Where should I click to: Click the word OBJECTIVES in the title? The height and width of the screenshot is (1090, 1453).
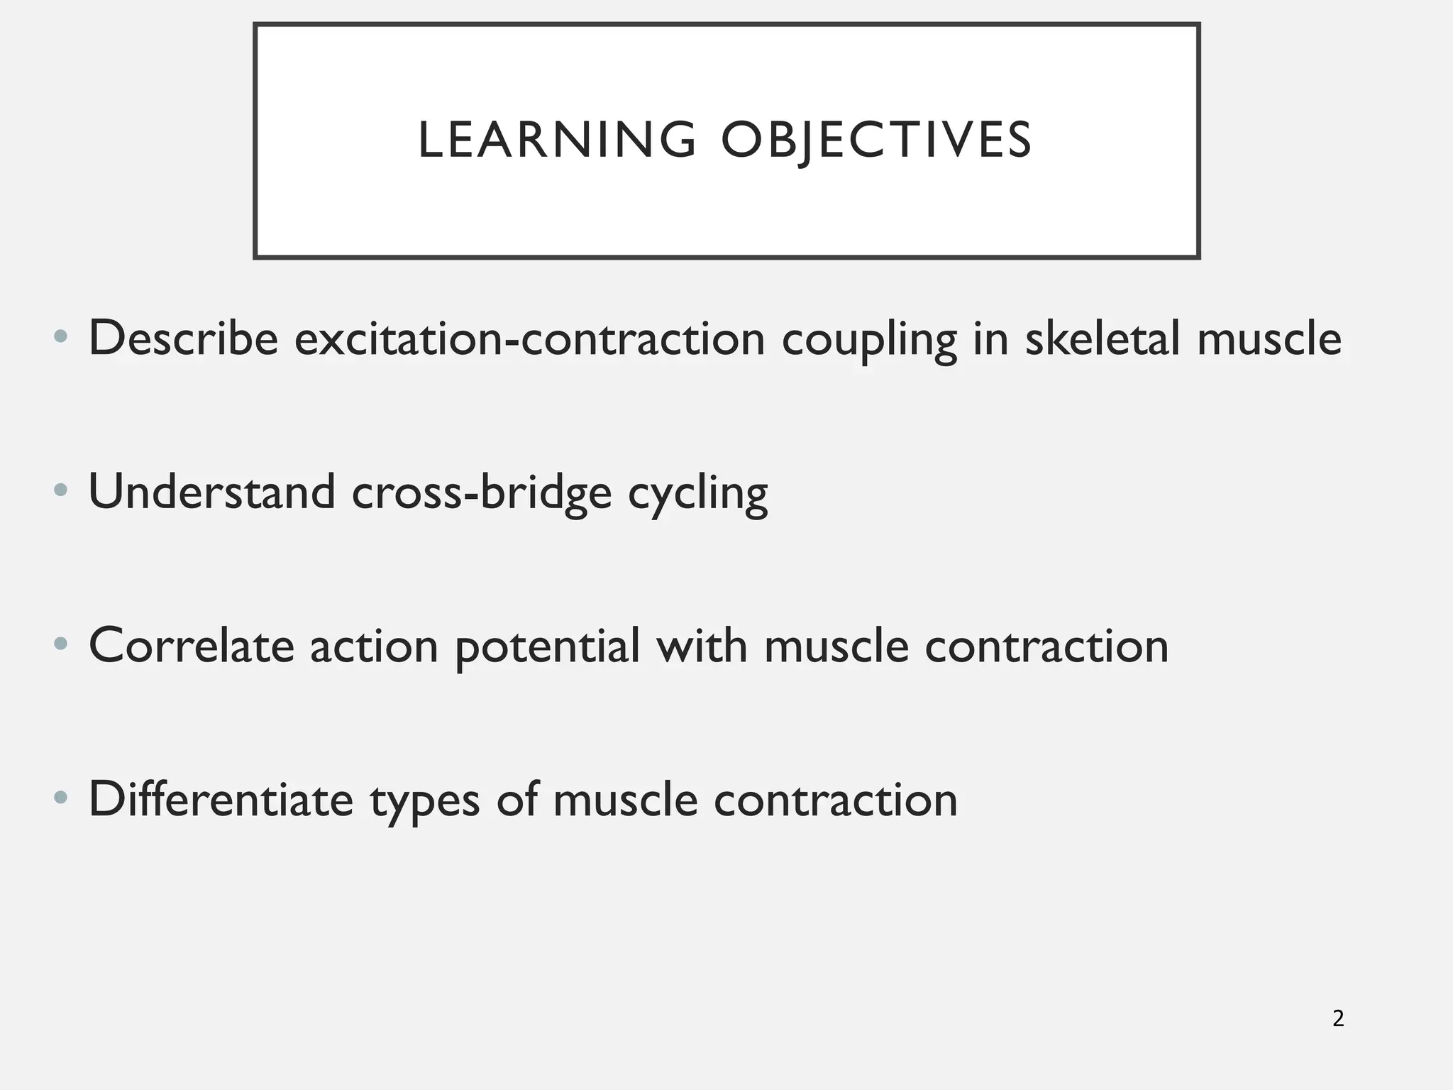(876, 140)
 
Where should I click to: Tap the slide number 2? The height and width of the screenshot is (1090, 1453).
(1338, 1019)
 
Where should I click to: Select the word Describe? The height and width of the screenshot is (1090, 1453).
(183, 338)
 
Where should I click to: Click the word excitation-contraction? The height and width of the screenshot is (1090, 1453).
(530, 338)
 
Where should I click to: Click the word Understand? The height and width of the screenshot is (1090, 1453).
(211, 492)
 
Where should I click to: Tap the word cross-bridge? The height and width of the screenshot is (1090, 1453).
(482, 492)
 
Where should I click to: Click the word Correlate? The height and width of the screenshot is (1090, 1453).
(191, 646)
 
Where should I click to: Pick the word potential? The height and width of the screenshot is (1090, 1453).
(547, 647)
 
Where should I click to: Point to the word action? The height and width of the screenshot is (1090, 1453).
(374, 646)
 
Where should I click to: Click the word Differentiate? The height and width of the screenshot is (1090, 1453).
(221, 800)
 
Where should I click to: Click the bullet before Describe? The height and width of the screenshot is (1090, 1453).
(61, 336)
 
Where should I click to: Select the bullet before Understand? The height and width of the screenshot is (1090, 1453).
(61, 490)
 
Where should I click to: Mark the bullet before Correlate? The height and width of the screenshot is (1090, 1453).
(61, 644)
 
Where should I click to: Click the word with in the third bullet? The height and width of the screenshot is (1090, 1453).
(702, 646)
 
